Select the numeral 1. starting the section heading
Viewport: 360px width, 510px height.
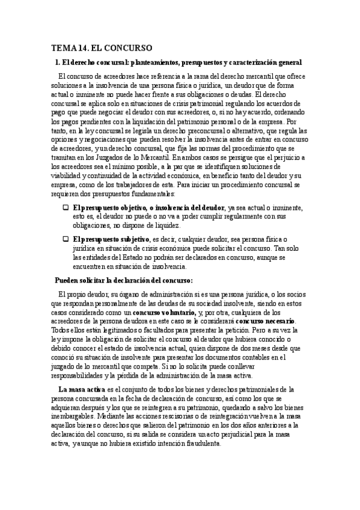tap(57, 62)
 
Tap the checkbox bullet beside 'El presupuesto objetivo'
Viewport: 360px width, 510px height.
tap(66, 207)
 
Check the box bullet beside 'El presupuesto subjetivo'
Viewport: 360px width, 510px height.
tap(66, 239)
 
